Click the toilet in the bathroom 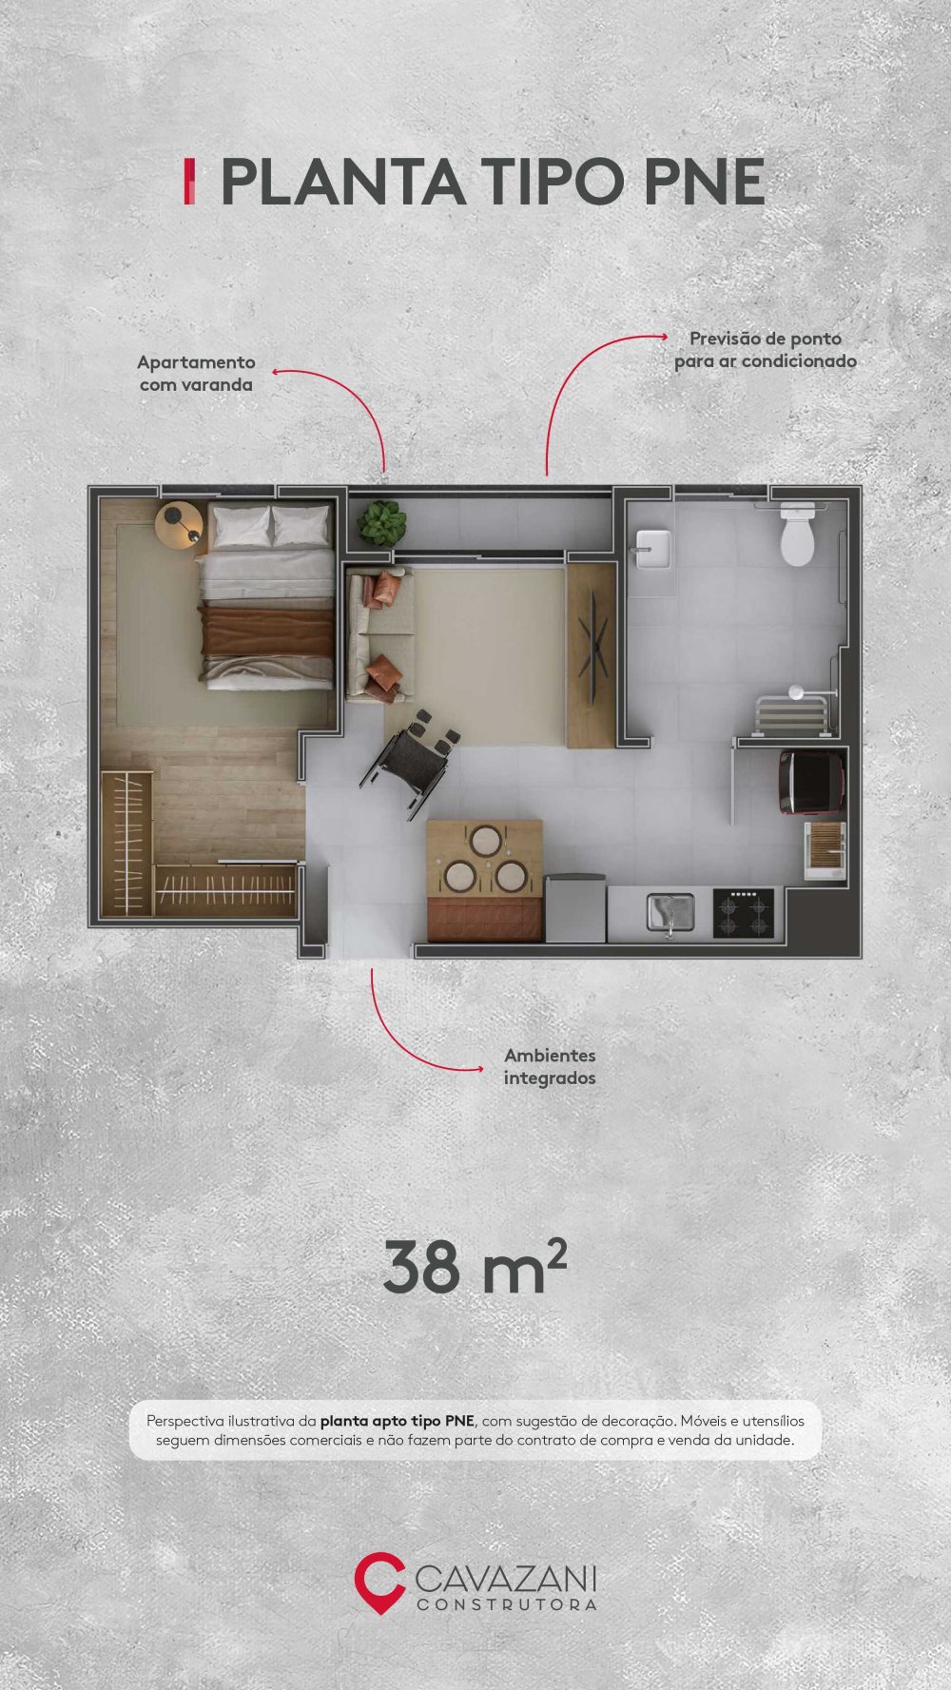click(x=798, y=535)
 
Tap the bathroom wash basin click(x=653, y=549)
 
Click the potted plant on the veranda click(x=381, y=522)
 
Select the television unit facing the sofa click(x=592, y=655)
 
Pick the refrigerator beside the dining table click(x=575, y=908)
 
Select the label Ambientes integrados click(x=550, y=1066)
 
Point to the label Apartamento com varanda click(x=196, y=373)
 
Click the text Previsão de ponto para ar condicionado click(x=766, y=350)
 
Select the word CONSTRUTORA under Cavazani click(x=507, y=1604)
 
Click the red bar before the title click(x=189, y=182)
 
